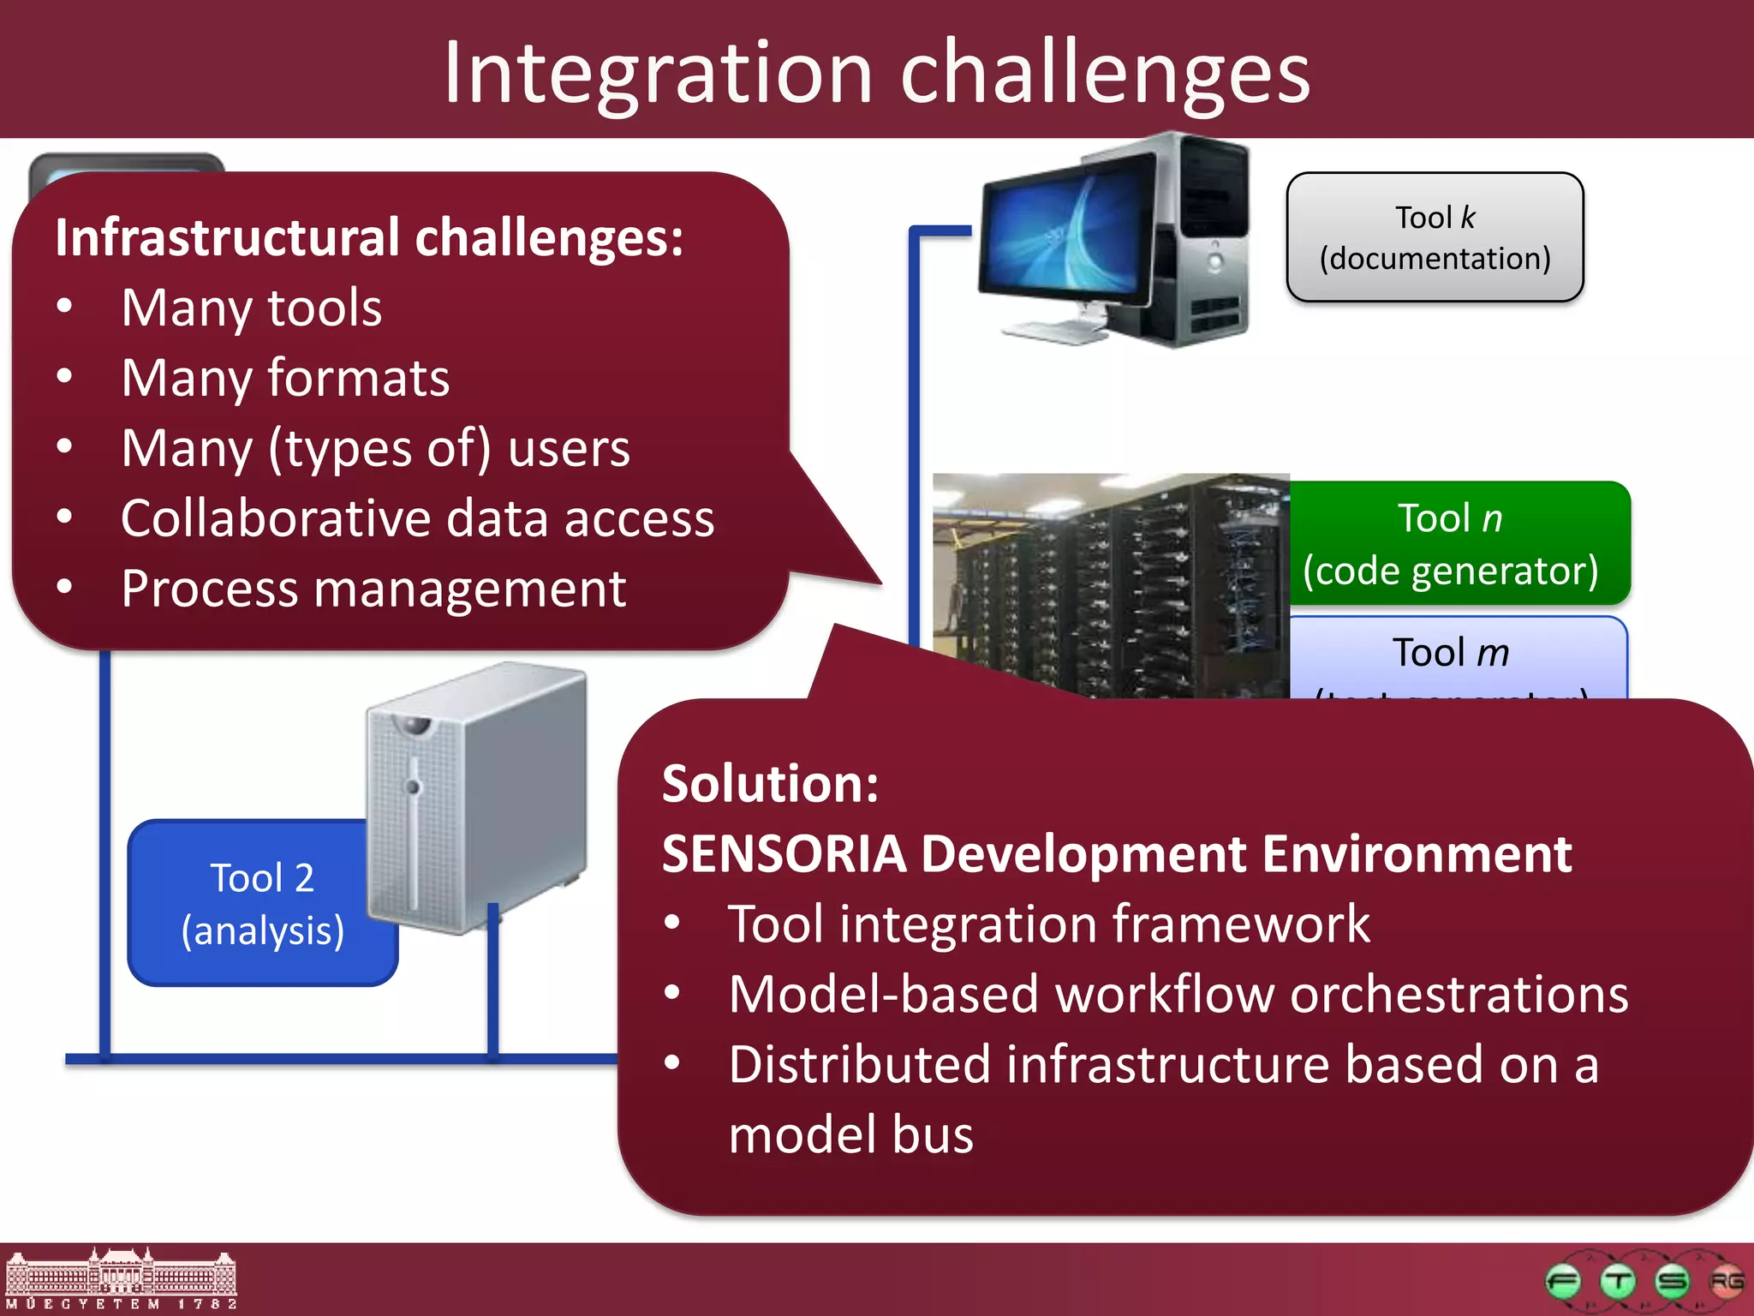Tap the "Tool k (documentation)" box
tap(1435, 237)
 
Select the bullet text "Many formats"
tap(285, 378)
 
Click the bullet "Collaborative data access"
tap(417, 518)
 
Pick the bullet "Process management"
tap(373, 589)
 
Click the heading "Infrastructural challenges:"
tap(369, 237)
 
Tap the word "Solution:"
tap(770, 783)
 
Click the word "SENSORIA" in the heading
tap(784, 854)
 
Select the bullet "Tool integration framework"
tap(1048, 924)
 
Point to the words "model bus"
tap(850, 1134)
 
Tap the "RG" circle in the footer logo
tap(1727, 1282)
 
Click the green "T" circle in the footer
tap(1618, 1282)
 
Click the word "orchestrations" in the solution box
tap(1459, 995)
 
